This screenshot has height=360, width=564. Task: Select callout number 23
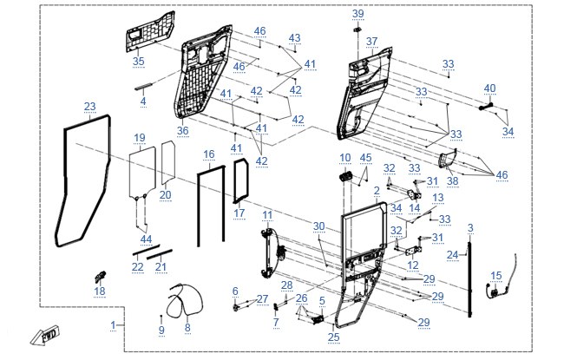[x=90, y=107]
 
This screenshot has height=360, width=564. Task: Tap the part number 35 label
[x=139, y=61]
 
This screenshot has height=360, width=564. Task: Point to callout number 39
[x=357, y=14]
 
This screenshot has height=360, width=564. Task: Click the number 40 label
[x=490, y=88]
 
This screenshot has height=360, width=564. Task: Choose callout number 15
[x=496, y=276]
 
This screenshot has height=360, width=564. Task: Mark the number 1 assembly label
[x=114, y=325]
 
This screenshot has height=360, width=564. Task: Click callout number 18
[x=100, y=291]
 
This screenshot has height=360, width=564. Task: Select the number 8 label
[x=187, y=328]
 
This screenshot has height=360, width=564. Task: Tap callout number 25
[x=334, y=337]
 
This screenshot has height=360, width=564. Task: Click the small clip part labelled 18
[x=100, y=277]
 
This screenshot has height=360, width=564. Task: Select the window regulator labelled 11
[x=273, y=253]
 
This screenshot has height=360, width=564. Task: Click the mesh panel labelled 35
[x=151, y=31]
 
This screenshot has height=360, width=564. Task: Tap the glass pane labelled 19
[x=142, y=173]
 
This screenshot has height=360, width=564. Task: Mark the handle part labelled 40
[x=487, y=106]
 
